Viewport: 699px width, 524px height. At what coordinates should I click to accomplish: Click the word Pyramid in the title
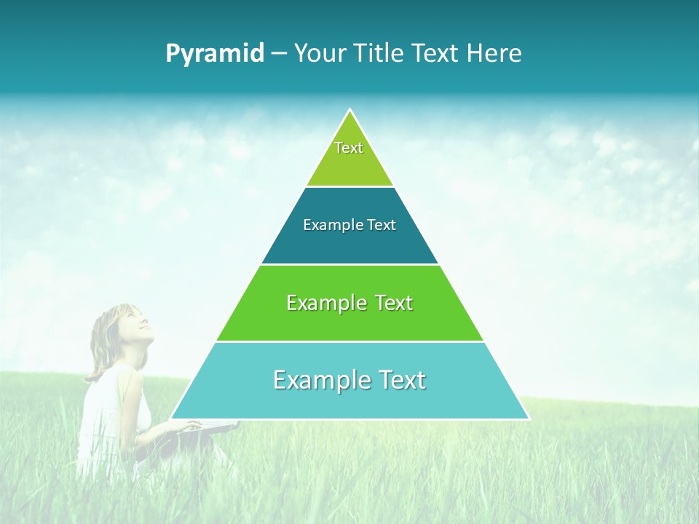pyautogui.click(x=215, y=54)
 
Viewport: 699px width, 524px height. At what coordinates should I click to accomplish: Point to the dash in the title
pyautogui.click(x=279, y=54)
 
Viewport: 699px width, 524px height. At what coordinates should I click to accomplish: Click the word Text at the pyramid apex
pyautogui.click(x=349, y=148)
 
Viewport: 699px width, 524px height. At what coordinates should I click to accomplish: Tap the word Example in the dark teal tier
pyautogui.click(x=325, y=226)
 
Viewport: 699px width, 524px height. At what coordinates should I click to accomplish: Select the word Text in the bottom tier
pyautogui.click(x=397, y=380)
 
